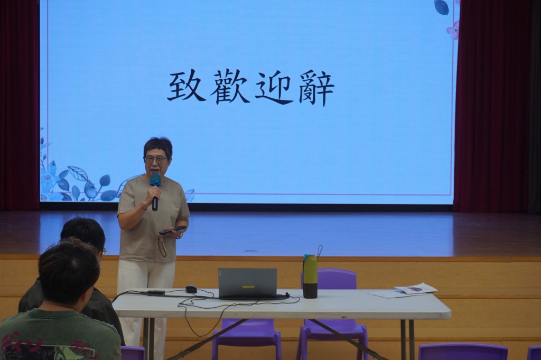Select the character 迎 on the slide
tap(274, 87)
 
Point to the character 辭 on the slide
tap(316, 87)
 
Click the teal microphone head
tap(156, 180)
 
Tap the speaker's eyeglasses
tap(156, 160)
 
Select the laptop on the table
tap(248, 284)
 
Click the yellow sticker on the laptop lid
tap(248, 287)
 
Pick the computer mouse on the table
tap(191, 289)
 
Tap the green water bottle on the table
tap(310, 276)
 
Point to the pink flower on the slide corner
tap(453, 30)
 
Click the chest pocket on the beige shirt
tap(176, 209)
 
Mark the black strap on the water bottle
tap(320, 252)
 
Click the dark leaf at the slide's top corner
tap(441, 7)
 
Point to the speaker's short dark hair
tap(157, 146)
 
